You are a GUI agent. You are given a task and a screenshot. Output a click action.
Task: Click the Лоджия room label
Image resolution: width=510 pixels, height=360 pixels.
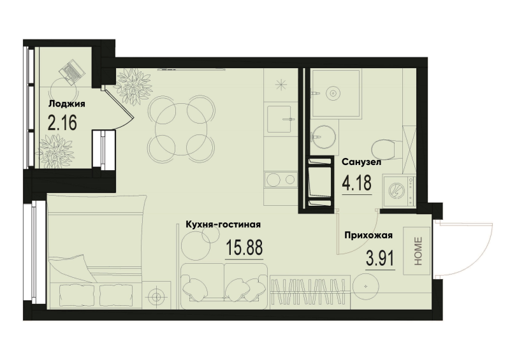[67, 104]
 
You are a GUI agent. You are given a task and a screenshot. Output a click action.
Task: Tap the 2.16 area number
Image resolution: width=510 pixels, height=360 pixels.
[62, 123]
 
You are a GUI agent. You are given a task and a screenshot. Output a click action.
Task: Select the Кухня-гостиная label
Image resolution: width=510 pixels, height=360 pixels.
[222, 224]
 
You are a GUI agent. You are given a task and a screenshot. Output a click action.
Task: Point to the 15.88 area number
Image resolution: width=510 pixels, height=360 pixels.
[244, 247]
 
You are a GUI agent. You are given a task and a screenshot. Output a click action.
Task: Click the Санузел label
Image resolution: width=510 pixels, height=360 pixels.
[361, 162]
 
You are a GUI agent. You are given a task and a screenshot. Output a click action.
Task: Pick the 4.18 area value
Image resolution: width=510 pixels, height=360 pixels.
[356, 183]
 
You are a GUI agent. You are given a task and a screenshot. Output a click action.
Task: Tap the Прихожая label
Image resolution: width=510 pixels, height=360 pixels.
[368, 235]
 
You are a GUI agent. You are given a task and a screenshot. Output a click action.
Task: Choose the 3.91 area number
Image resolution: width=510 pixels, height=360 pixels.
[380, 259]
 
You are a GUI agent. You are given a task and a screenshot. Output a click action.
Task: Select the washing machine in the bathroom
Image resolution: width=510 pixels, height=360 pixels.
[399, 191]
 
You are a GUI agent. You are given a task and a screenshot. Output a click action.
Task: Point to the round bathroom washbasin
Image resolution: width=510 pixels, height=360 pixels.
[323, 137]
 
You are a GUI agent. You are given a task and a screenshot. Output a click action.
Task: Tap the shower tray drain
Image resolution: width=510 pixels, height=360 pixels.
[333, 93]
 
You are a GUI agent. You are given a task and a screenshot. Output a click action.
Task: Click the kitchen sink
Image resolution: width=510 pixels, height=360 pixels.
[280, 119]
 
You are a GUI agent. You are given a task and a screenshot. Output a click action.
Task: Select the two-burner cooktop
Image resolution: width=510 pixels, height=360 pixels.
[280, 179]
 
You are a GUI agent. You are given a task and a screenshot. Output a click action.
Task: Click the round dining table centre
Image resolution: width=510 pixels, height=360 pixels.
[182, 129]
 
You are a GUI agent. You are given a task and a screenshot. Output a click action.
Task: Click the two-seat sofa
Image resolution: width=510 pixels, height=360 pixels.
[224, 285]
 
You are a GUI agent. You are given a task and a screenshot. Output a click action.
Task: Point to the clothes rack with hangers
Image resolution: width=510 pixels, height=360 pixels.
[310, 292]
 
